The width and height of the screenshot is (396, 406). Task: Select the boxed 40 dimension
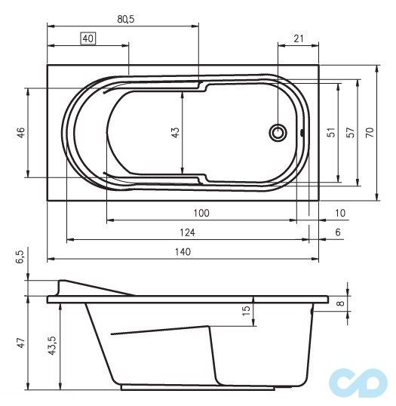pyautogui.click(x=88, y=38)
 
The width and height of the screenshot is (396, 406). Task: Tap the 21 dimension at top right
pyautogui.click(x=299, y=38)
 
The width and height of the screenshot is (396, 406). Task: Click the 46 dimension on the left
pyautogui.click(x=22, y=133)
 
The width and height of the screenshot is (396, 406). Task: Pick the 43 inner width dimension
pyautogui.click(x=176, y=133)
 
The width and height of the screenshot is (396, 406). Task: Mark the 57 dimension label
pyautogui.click(x=349, y=133)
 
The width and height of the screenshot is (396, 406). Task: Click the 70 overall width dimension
pyautogui.click(x=370, y=133)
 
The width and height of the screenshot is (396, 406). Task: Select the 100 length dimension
pyautogui.click(x=201, y=214)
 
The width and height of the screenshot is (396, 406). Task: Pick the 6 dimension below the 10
pyautogui.click(x=337, y=232)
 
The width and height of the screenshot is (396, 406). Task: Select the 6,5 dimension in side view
pyautogui.click(x=20, y=258)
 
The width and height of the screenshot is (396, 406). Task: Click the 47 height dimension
pyautogui.click(x=22, y=343)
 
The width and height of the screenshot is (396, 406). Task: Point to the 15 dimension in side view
pyautogui.click(x=246, y=311)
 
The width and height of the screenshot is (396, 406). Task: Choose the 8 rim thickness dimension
pyautogui.click(x=340, y=303)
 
